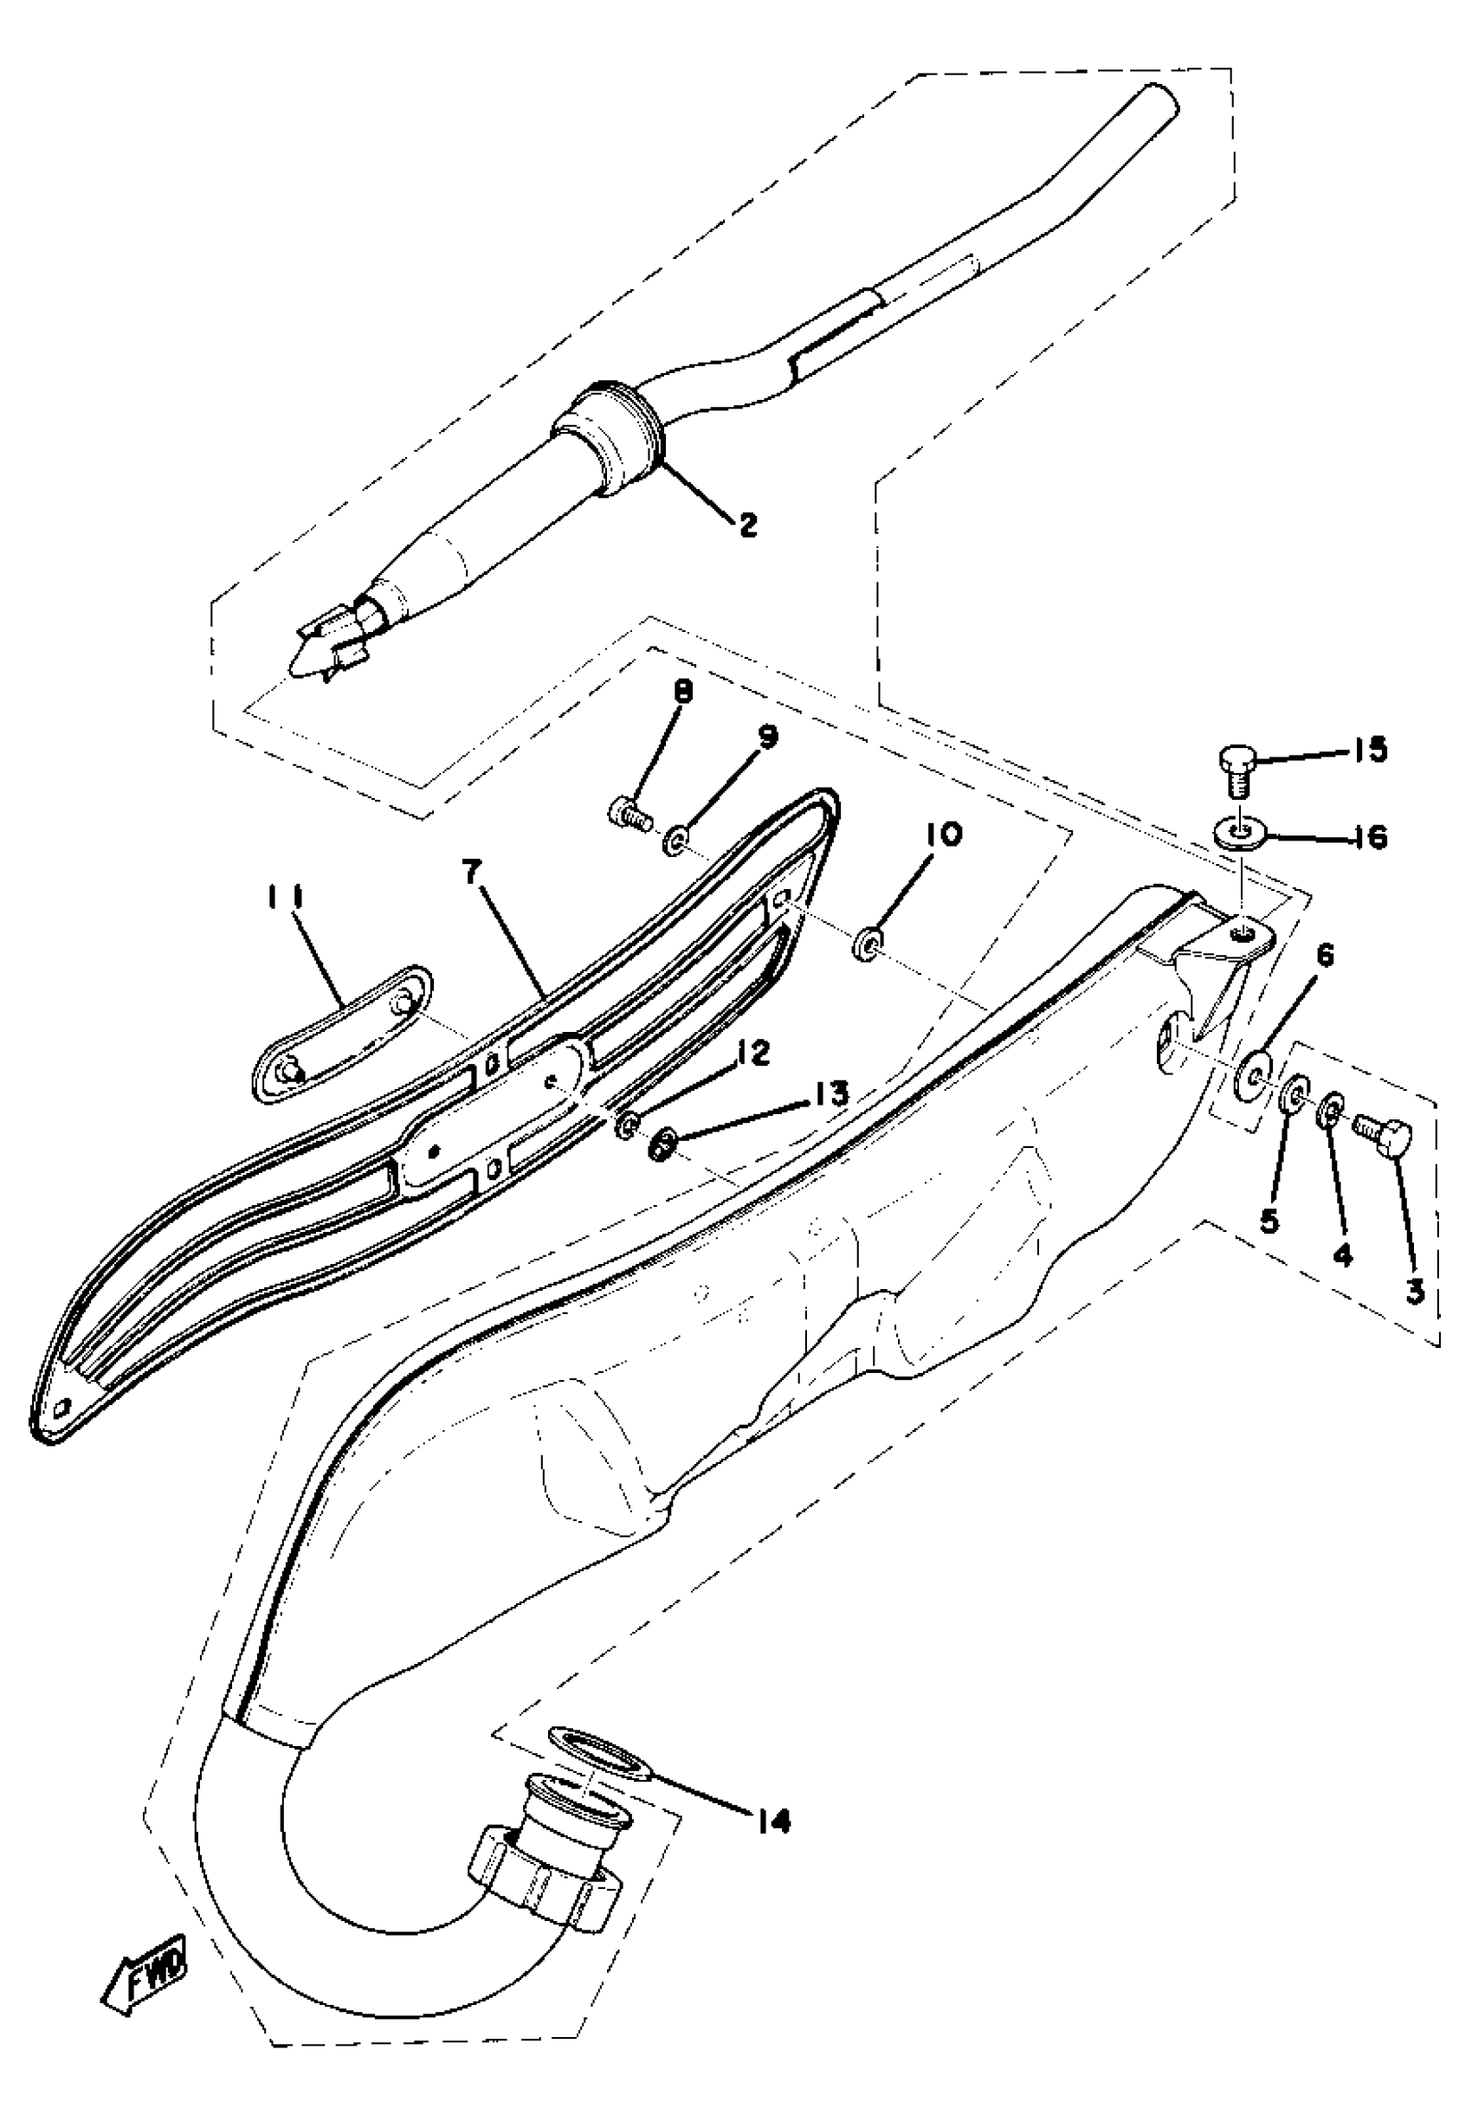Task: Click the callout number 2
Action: click(746, 525)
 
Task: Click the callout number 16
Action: click(1372, 838)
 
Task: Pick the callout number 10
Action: click(939, 835)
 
